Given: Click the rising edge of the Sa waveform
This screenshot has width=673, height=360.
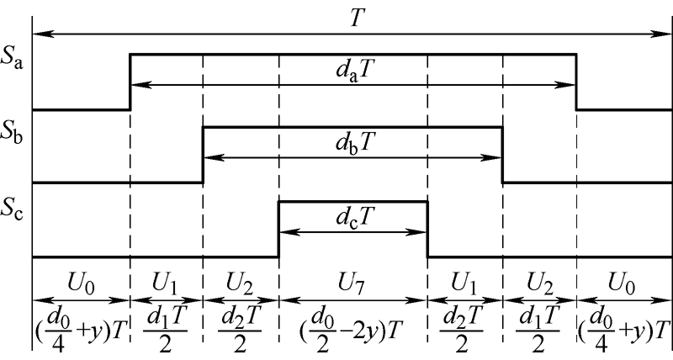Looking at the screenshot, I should (x=130, y=82).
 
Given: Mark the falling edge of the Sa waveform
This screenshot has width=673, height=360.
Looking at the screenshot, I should (x=577, y=82).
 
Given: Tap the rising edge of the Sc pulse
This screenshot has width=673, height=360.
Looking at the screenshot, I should (x=278, y=229).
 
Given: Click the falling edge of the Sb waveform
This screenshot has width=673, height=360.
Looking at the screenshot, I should (x=502, y=155).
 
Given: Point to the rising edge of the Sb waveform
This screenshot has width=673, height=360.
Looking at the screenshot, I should (x=204, y=155).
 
